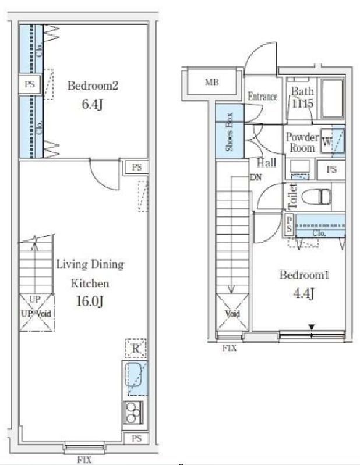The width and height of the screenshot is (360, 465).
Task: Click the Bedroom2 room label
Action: click(93, 86)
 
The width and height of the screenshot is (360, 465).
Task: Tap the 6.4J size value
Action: click(93, 106)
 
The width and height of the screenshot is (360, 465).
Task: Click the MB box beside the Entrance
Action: click(211, 82)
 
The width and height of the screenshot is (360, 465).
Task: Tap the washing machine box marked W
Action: click(329, 142)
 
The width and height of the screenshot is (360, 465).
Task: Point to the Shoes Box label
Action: click(230, 132)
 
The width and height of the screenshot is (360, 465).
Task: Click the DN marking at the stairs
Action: click(256, 178)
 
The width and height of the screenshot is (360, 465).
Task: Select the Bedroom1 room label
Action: click(305, 275)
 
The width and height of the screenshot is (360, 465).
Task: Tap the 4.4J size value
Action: click(305, 294)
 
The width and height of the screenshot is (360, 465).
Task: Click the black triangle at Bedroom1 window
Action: click(312, 328)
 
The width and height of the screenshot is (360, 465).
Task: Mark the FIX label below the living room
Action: click(85, 460)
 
